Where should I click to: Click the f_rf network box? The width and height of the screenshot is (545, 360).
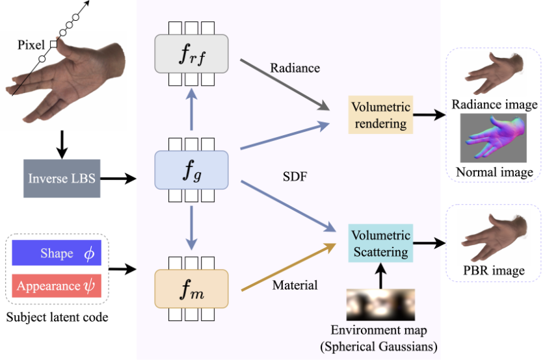[191, 55]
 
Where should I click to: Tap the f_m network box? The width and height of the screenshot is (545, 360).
[191, 288]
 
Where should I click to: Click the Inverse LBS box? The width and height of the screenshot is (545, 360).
[62, 177]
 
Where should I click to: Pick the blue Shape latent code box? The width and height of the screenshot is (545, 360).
[57, 253]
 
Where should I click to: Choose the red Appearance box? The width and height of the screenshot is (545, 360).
[57, 286]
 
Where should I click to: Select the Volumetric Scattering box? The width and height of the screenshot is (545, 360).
[379, 243]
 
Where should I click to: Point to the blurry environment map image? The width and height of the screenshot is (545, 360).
[379, 303]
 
